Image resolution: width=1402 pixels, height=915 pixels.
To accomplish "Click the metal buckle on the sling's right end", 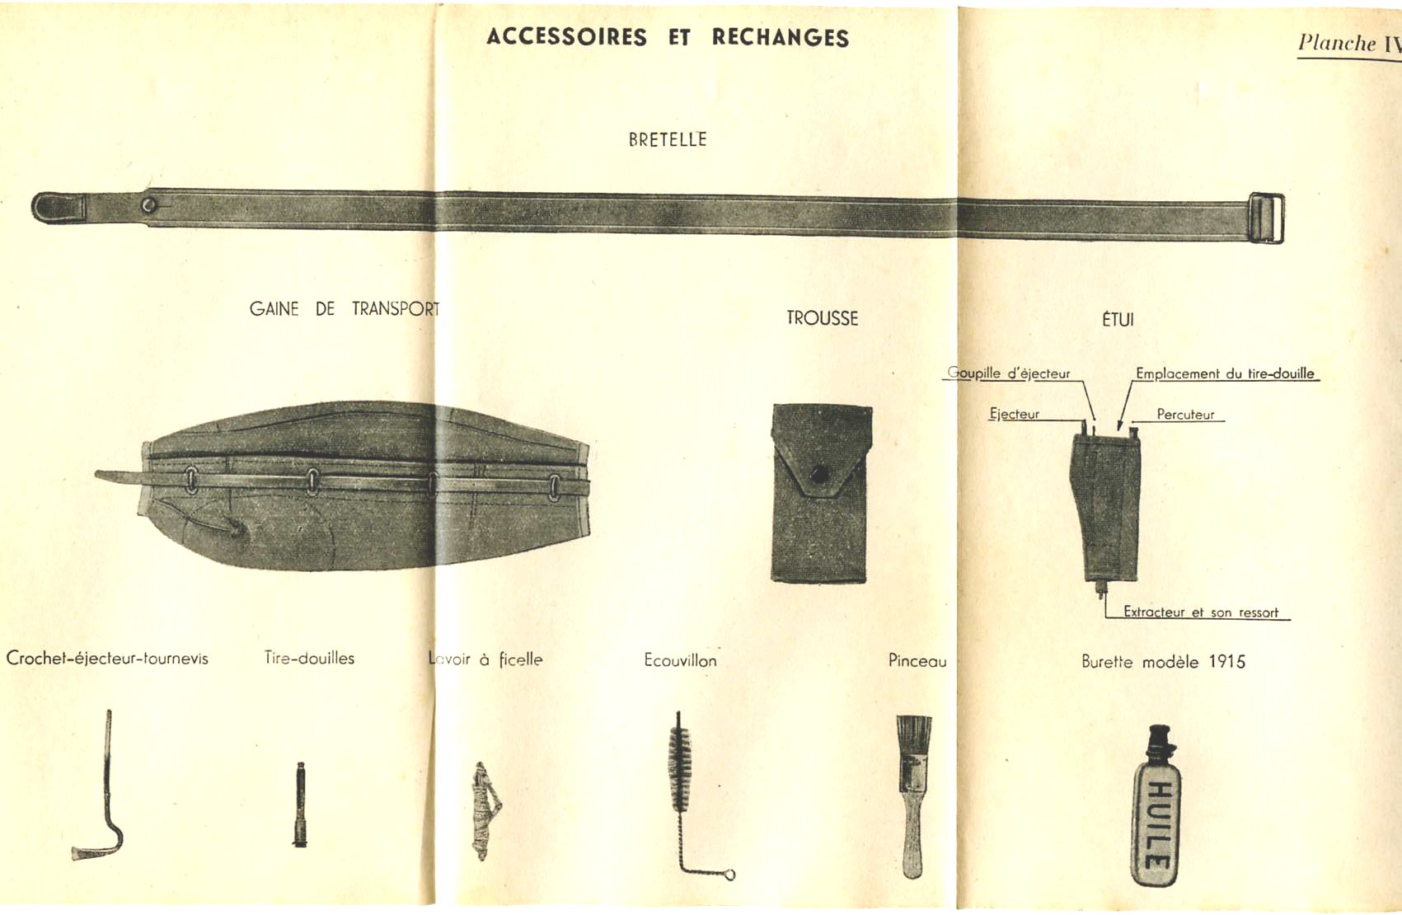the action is point(1266,218).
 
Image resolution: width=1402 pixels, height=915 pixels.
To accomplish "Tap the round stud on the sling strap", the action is point(149,204).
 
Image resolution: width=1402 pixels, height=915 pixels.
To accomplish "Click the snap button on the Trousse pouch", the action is point(819,474).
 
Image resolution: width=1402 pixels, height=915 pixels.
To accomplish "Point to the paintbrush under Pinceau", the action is point(913,797).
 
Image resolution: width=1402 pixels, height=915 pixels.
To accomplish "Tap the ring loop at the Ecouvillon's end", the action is point(729,875).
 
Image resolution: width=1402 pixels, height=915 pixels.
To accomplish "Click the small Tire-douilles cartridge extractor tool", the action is point(300,805).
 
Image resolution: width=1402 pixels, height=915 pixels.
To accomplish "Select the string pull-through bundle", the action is point(485,811).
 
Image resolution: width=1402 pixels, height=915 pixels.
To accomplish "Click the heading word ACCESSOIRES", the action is point(566,37).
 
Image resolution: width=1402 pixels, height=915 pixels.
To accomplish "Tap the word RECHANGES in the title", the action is point(781,38).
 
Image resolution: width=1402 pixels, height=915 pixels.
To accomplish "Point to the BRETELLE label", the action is point(668,139).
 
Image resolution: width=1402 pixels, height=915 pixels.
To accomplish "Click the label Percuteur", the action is point(1185,415).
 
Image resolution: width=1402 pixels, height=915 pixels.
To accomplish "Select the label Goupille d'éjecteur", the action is point(1008,373).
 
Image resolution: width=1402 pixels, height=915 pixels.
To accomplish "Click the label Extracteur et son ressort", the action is point(1201,612).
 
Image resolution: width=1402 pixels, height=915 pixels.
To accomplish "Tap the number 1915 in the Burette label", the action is point(1226,662).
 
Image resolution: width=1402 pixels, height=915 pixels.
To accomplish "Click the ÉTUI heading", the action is point(1118,319).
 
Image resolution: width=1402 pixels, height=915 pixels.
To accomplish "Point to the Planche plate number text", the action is point(1348,43).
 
